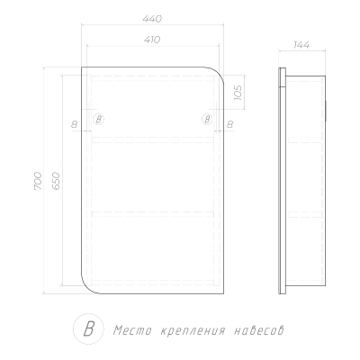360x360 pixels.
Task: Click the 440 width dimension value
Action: click(x=152, y=19)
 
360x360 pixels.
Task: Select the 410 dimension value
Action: click(x=152, y=40)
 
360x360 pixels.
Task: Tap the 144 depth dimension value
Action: click(x=301, y=45)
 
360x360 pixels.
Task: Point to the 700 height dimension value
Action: click(x=38, y=181)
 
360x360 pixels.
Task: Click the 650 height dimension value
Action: click(x=56, y=181)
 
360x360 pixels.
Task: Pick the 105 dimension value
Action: click(x=238, y=93)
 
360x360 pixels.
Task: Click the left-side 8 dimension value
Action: click(x=74, y=124)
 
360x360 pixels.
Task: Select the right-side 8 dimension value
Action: click(x=229, y=124)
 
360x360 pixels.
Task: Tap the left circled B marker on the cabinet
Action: click(x=98, y=120)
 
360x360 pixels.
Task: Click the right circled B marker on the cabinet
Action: click(x=207, y=120)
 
